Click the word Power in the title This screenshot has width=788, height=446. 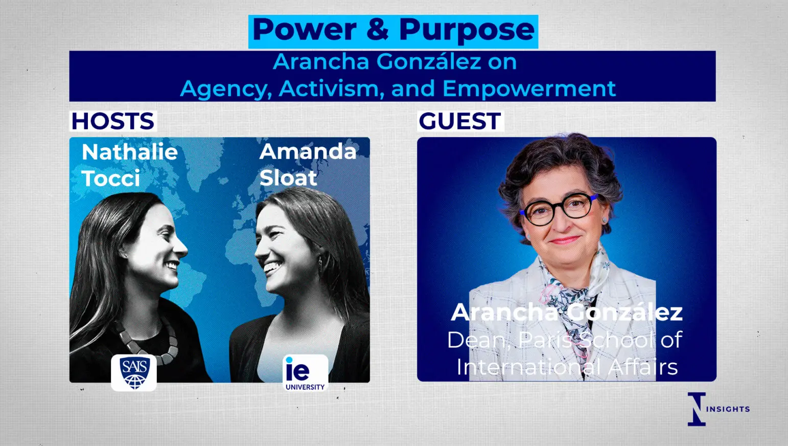[x=305, y=30]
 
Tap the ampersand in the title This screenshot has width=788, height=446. [x=378, y=30]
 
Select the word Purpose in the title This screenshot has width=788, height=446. [x=467, y=31]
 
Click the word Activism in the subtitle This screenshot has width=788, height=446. [x=330, y=88]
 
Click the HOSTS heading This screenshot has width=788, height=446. [x=113, y=121]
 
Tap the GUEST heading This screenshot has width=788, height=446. [x=460, y=121]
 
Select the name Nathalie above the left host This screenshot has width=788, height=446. [x=130, y=152]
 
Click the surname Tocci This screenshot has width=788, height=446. [x=111, y=178]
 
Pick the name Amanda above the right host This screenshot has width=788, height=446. [x=308, y=152]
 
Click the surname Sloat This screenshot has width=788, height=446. [x=288, y=177]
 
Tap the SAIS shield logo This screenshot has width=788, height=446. [x=134, y=373]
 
